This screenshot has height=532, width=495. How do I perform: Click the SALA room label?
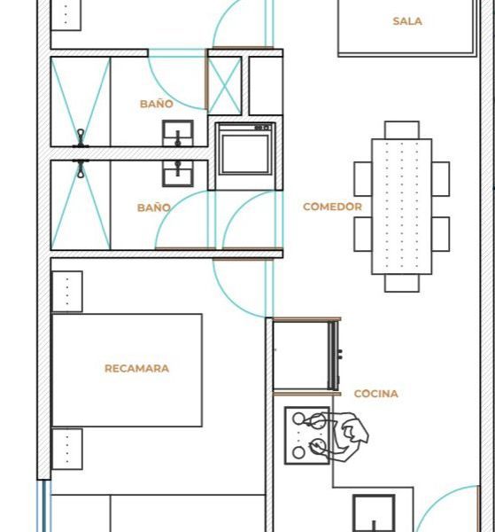click(x=407, y=21)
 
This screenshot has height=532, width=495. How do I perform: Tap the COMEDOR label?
click(x=332, y=207)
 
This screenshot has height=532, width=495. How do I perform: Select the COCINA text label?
click(x=375, y=394)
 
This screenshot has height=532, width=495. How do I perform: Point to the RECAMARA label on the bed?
click(x=137, y=369)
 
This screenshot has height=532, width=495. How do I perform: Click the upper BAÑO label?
click(x=157, y=104)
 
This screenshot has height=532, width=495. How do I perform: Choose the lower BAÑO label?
click(x=154, y=207)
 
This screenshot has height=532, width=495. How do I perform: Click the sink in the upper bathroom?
click(x=178, y=133)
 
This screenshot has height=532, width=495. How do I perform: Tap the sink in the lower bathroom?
click(x=178, y=174)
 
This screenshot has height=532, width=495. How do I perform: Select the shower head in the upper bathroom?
click(x=81, y=138)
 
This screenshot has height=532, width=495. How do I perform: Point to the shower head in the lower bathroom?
click(x=81, y=168)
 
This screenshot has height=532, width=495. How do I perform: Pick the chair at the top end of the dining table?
click(x=402, y=130)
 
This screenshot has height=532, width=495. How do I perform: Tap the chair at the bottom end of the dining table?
click(x=402, y=283)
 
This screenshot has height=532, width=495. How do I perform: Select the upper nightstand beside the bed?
click(x=67, y=292)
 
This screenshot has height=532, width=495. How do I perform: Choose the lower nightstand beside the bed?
click(x=67, y=450)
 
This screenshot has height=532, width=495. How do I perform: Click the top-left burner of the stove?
click(x=298, y=419)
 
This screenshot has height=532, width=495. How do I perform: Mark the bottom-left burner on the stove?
click(x=298, y=452)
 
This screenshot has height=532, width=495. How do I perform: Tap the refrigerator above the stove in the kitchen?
click(x=306, y=356)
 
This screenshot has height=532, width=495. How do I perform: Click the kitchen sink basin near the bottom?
click(x=374, y=513)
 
